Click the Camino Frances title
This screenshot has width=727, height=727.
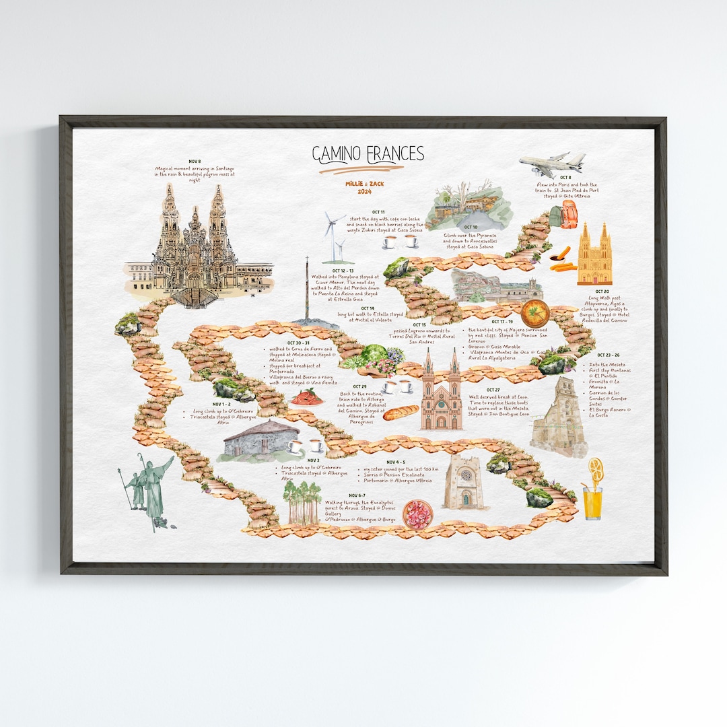click(368, 154)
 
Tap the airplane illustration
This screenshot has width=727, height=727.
click(552, 163)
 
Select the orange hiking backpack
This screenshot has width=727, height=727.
click(569, 213)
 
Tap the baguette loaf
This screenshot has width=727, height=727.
click(401, 413)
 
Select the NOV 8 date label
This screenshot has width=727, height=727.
click(195, 162)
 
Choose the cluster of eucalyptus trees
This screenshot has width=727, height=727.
click(302, 502)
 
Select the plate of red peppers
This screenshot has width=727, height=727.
click(306, 396)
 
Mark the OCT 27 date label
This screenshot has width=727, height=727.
click(493, 390)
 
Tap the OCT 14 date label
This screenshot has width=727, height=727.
click(367, 308)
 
